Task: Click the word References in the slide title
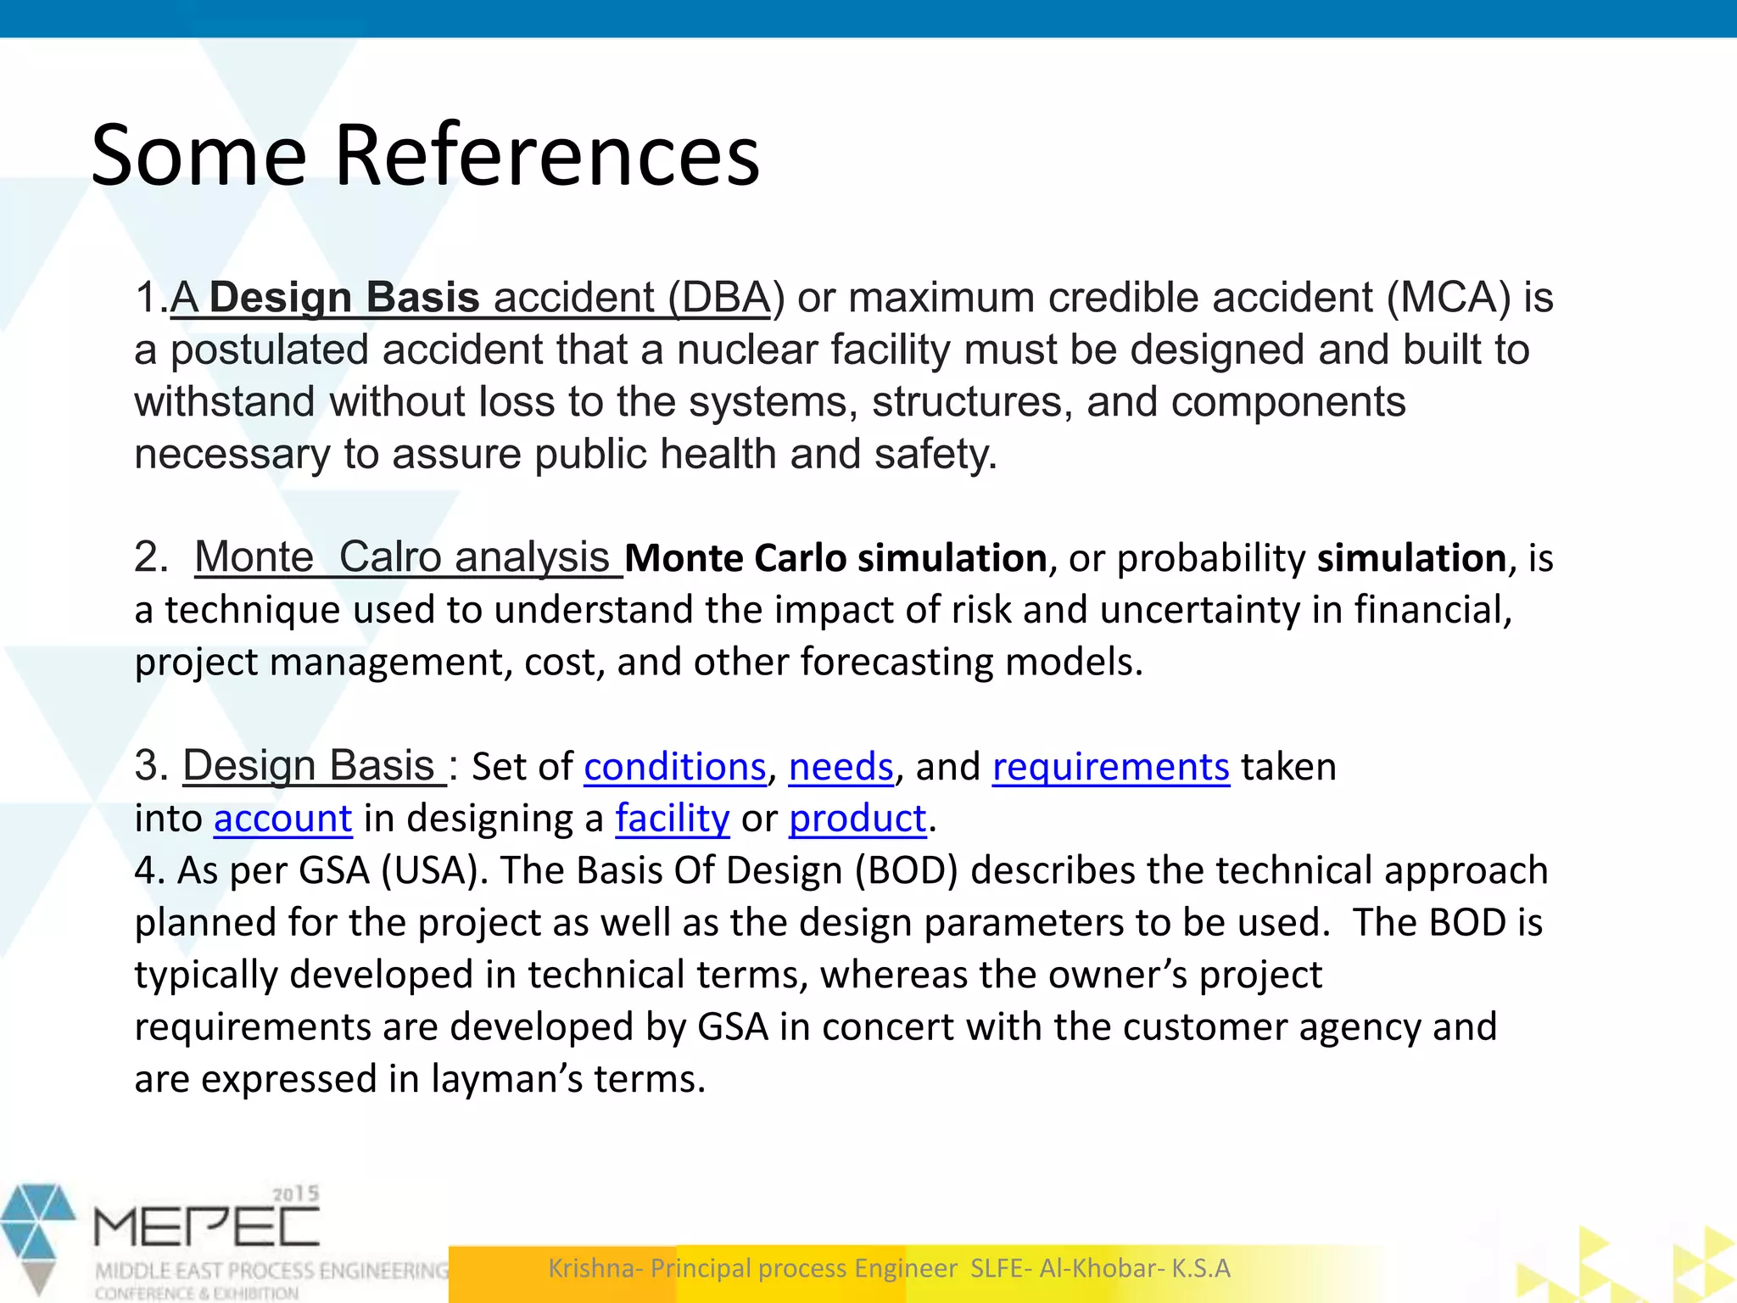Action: [x=547, y=155]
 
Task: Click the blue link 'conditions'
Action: [x=675, y=767]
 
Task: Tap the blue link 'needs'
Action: [x=841, y=767]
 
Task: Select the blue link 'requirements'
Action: [x=1110, y=767]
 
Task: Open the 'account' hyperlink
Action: [x=282, y=819]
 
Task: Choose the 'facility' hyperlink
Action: [x=672, y=819]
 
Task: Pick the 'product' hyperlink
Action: [x=857, y=819]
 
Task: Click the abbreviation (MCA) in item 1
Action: [x=1449, y=298]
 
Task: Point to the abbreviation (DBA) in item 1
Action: [x=720, y=298]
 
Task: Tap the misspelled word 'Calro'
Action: [x=389, y=557]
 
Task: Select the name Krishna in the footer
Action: [x=595, y=1268]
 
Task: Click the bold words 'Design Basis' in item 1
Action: [x=344, y=298]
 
